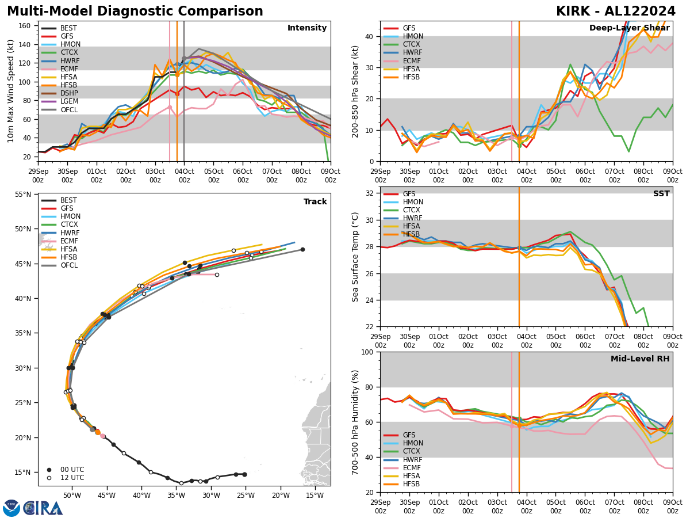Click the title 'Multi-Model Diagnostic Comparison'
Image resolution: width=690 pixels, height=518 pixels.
pos(135,12)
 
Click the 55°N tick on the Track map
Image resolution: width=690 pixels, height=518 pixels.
pos(22,195)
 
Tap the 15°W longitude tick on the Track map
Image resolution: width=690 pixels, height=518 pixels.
pos(314,496)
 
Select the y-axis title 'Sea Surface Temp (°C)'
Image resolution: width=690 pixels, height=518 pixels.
pos(356,257)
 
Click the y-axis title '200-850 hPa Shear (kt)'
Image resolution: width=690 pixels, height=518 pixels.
pos(356,91)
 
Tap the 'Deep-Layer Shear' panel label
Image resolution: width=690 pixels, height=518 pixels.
pos(629,28)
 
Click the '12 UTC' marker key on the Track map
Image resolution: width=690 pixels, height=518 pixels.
pos(68,478)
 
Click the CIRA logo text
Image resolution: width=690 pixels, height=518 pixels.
pos(43,508)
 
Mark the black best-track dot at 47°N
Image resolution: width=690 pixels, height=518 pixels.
pos(302,249)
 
